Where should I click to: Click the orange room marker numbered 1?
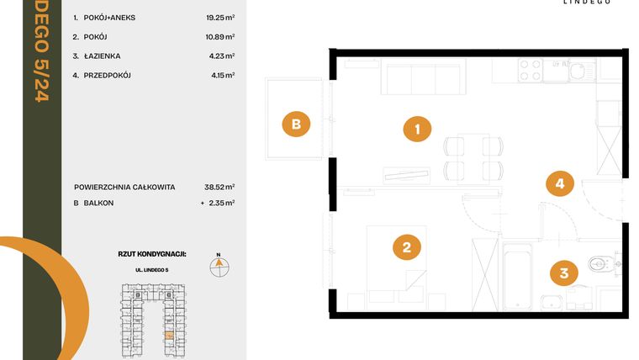[x=417, y=130]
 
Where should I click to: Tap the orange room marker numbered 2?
[x=406, y=247]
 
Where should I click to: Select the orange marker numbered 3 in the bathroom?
[x=564, y=273]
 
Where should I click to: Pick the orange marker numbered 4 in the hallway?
[x=559, y=183]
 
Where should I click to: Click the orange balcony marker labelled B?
[x=296, y=124]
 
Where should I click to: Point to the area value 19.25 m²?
[x=220, y=17]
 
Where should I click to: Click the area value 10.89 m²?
[x=220, y=37]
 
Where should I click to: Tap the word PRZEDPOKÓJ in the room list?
[x=107, y=76]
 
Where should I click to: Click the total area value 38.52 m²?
[x=220, y=187]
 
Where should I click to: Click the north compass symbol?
[x=219, y=266]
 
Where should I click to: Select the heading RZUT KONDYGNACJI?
[x=152, y=252]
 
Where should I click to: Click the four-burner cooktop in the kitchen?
[x=530, y=70]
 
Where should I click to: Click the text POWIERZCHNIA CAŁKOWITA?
[x=124, y=187]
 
